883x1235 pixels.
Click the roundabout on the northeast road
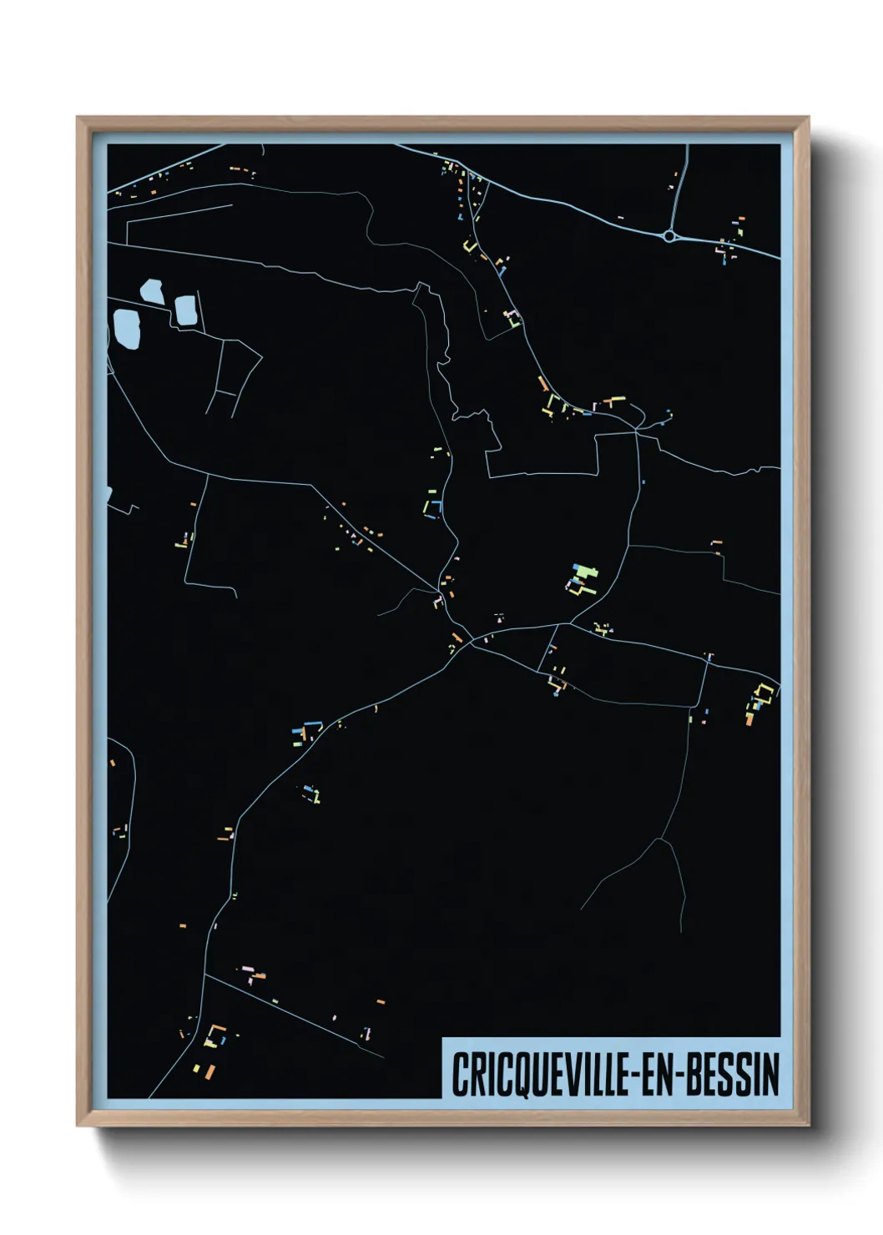pos(669,236)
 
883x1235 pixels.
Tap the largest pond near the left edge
pos(126,329)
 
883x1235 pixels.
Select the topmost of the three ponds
pos(152,291)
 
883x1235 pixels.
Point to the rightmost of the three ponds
pos(185,310)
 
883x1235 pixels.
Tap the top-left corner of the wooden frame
pos(78,118)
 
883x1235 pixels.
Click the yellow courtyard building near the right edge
pos(762,694)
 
